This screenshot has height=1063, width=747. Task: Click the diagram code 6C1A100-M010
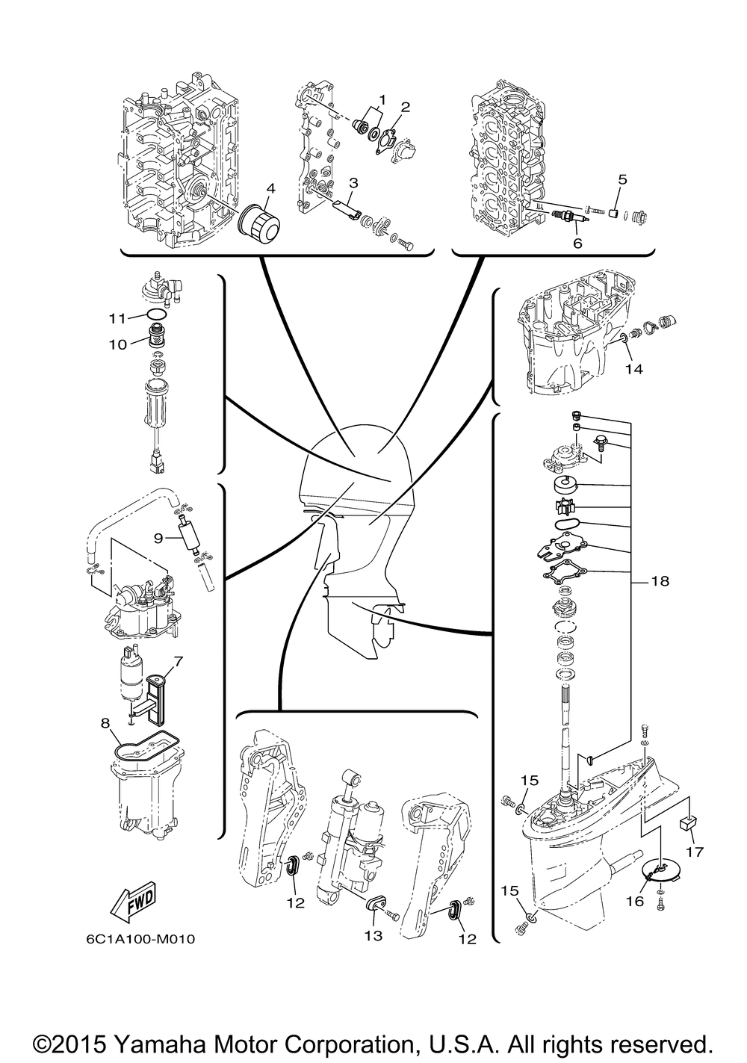tap(140, 939)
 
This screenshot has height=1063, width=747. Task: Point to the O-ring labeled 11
tap(157, 314)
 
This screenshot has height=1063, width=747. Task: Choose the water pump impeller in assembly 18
tap(567, 508)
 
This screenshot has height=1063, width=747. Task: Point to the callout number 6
tap(577, 244)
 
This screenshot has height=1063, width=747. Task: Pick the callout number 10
tap(118, 344)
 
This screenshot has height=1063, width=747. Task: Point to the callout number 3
tap(353, 183)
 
